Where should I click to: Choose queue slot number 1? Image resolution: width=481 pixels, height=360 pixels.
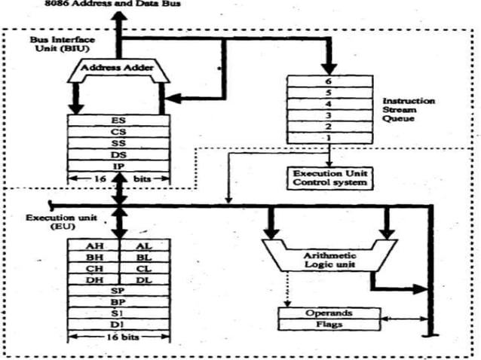click(328, 139)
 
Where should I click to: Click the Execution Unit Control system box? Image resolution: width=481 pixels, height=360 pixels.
click(329, 178)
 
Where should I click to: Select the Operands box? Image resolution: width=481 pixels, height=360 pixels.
click(328, 312)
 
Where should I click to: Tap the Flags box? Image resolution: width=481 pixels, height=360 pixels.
click(328, 324)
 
